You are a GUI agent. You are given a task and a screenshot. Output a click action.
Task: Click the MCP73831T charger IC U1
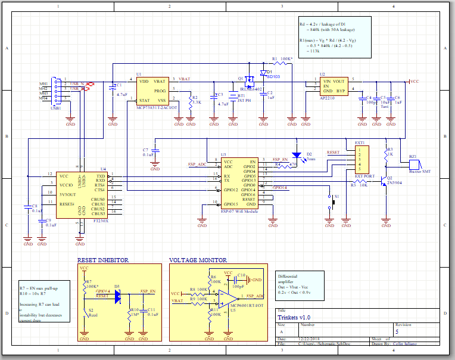click(x=152, y=90)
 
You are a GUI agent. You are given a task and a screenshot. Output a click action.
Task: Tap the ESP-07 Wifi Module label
click(x=239, y=211)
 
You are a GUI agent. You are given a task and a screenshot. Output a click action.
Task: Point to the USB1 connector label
click(x=55, y=108)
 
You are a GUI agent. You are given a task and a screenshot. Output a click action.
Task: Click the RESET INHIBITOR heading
click(x=104, y=260)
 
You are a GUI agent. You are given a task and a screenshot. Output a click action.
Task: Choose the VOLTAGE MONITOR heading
click(x=198, y=260)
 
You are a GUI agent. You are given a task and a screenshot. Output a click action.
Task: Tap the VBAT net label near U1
click(x=185, y=79)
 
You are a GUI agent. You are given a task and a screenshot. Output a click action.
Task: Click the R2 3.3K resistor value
click(x=197, y=103)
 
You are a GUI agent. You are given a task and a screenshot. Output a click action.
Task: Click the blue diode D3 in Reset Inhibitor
click(x=117, y=295)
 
